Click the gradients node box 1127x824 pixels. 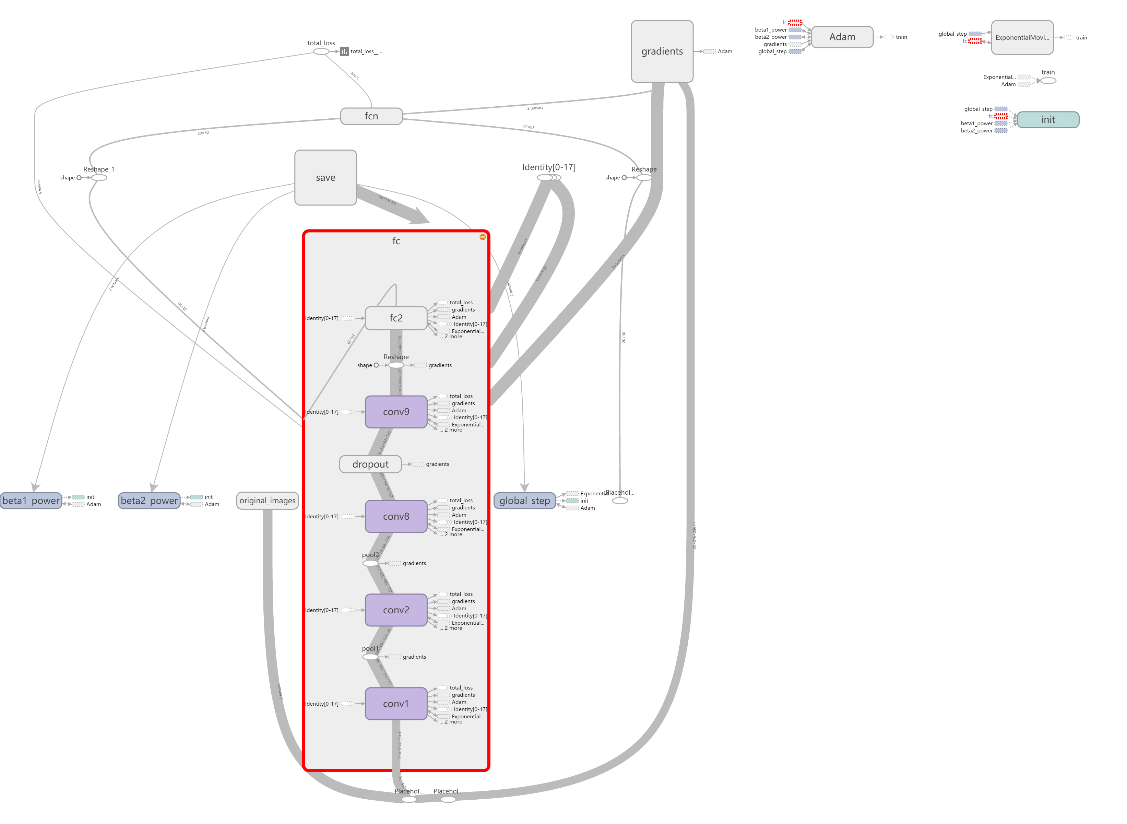coord(662,51)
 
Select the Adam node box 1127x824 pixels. coord(842,37)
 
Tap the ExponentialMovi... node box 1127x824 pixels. coord(1022,37)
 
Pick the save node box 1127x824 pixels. coord(325,178)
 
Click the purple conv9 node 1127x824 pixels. coord(395,412)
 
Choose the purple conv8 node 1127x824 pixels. coord(395,517)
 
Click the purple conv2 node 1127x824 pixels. coord(395,610)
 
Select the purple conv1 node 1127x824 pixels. coord(395,704)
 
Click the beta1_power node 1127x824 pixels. coord(31,501)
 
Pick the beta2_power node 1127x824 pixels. coord(149,501)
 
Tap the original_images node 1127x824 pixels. coord(267,501)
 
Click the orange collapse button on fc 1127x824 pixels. coord(482,237)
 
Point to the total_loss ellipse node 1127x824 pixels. coord(321,51)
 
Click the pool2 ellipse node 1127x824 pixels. coord(370,563)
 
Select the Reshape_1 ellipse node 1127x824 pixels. coord(99,178)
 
